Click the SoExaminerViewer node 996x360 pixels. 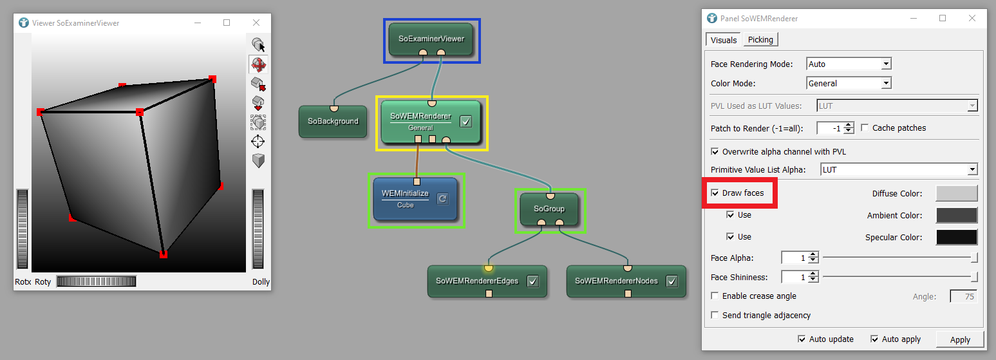431,39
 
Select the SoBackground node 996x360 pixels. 332,121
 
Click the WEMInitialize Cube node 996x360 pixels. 406,198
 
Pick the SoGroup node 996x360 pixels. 549,209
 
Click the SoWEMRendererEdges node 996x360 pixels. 477,281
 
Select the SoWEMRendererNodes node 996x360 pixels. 616,281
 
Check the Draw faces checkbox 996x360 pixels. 715,193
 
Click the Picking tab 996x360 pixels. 760,40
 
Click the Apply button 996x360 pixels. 959,339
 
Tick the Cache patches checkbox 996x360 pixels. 865,128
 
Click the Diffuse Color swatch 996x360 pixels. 956,193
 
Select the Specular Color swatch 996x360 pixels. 956,237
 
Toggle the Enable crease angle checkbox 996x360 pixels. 715,296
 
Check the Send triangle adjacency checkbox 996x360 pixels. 715,316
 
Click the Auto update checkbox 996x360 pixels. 802,339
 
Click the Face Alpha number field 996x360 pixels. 794,258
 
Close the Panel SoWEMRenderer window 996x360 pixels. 972,19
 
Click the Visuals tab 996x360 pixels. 724,40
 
